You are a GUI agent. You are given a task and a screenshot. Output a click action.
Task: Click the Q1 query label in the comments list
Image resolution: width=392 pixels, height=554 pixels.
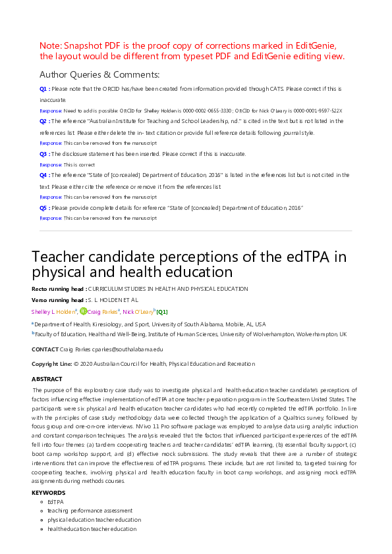[43, 88]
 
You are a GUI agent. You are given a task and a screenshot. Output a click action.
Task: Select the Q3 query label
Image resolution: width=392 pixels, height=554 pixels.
[43, 154]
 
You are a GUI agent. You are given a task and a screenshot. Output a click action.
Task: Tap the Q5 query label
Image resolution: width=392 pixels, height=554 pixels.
[43, 208]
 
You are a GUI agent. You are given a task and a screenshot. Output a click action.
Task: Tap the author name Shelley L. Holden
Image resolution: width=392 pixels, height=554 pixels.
[53, 312]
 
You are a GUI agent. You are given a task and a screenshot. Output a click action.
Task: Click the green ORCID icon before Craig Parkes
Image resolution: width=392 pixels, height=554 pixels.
[84, 311]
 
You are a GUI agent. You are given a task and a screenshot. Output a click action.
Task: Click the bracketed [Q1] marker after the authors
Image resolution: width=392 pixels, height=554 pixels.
[161, 312]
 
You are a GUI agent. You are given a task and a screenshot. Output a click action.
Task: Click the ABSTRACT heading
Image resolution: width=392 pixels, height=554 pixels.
[47, 379]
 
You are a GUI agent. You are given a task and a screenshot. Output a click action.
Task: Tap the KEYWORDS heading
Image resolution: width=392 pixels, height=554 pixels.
[48, 492]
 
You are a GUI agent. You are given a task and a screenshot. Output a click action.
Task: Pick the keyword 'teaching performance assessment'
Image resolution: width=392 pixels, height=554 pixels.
[90, 510]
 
